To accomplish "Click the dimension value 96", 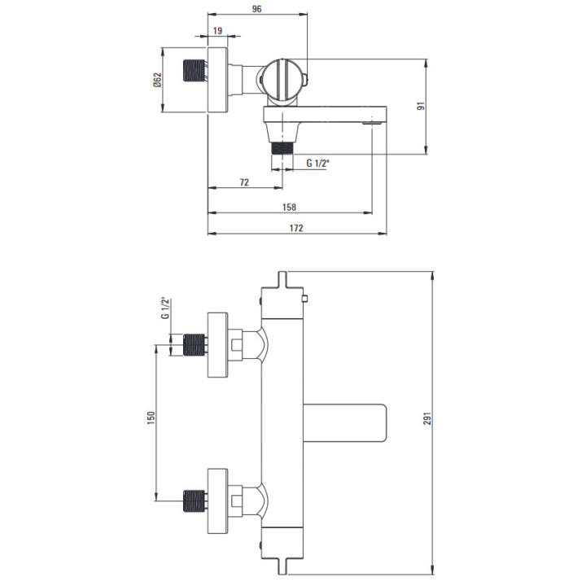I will (x=257, y=9).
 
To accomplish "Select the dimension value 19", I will (x=217, y=30).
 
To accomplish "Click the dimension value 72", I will (x=244, y=182).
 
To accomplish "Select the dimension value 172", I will (x=295, y=229).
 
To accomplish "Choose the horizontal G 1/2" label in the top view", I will (x=317, y=164).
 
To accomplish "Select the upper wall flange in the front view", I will (x=217, y=345).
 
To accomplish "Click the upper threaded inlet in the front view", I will (x=195, y=345).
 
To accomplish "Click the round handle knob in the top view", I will (x=282, y=80).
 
